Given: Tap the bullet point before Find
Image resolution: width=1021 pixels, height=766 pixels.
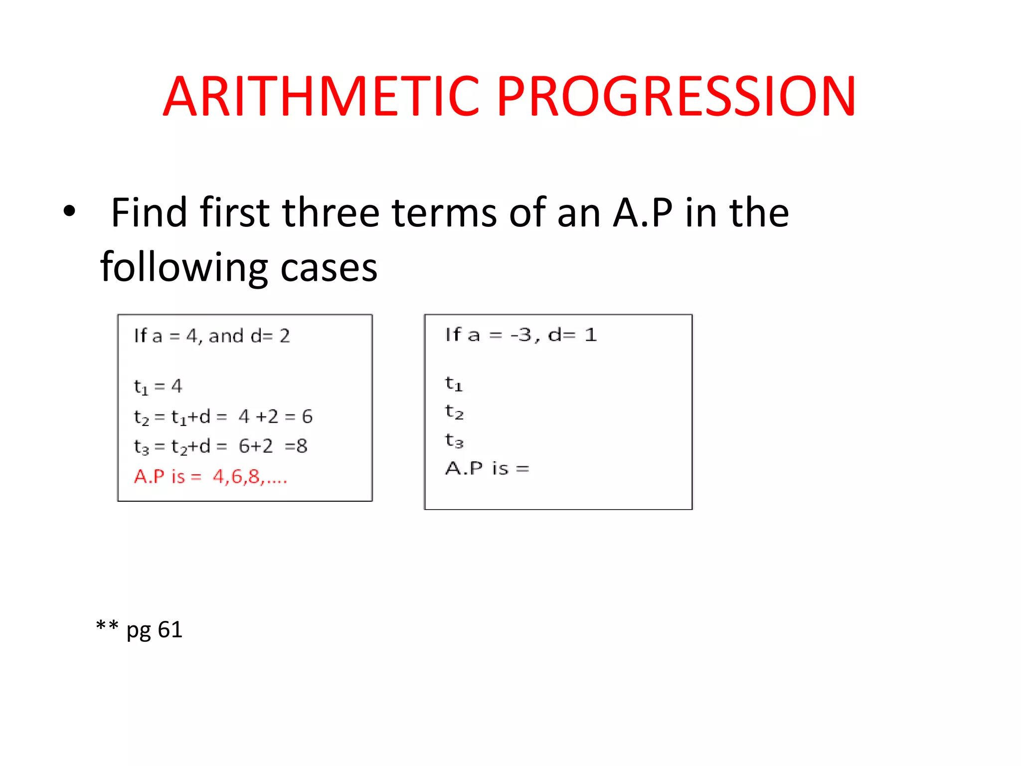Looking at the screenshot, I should pyautogui.click(x=69, y=211).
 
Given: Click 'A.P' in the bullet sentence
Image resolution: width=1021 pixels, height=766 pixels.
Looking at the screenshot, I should pyautogui.click(x=643, y=213).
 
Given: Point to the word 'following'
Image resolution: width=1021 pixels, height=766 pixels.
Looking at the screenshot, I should pyautogui.click(x=184, y=268).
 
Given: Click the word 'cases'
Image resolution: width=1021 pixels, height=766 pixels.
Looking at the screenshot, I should pyautogui.click(x=329, y=268).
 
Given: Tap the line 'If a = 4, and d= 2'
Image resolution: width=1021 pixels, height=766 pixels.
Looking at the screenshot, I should pyautogui.click(x=212, y=336).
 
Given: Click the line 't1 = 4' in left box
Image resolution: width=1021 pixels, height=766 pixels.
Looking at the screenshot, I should pyautogui.click(x=158, y=386).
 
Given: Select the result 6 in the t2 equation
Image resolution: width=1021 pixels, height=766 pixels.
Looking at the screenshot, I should pyautogui.click(x=307, y=416).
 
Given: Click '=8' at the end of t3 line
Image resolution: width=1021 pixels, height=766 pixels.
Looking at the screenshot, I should pyautogui.click(x=296, y=446).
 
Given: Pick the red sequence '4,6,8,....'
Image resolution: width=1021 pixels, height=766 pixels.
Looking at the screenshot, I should pyautogui.click(x=250, y=477).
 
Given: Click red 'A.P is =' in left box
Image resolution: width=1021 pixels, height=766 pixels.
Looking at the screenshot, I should pyautogui.click(x=168, y=477).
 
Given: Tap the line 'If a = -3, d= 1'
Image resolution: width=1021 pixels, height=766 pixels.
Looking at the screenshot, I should pyautogui.click(x=521, y=335).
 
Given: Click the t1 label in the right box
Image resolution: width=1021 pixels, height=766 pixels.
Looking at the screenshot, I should pyautogui.click(x=454, y=384).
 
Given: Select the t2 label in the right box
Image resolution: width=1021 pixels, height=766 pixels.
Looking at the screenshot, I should pyautogui.click(x=454, y=412).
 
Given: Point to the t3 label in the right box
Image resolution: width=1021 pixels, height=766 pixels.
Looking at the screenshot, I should pyautogui.click(x=454, y=441).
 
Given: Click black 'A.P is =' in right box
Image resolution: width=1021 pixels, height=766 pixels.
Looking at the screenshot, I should pyautogui.click(x=487, y=468).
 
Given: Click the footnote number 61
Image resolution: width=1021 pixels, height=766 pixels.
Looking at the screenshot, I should pyautogui.click(x=170, y=630).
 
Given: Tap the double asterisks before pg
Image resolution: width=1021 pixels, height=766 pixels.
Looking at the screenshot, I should pyautogui.click(x=107, y=626).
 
